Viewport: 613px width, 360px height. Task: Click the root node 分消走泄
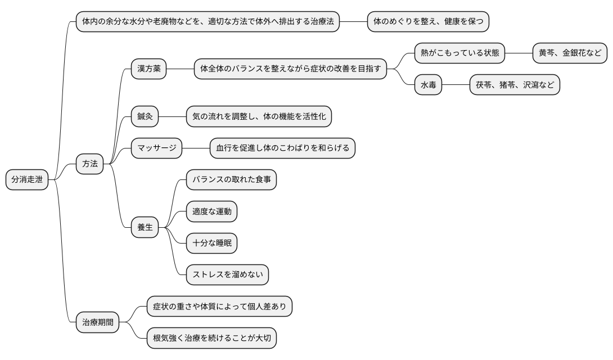pyautogui.click(x=27, y=180)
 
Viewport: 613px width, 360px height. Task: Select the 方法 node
pyautogui.click(x=90, y=164)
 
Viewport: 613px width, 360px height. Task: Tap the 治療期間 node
pyautogui.click(x=98, y=323)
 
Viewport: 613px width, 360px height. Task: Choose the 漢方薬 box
pyautogui.click(x=148, y=69)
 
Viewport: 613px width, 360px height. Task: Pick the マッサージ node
pyautogui.click(x=157, y=148)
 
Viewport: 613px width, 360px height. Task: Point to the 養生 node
pyautogui.click(x=145, y=227)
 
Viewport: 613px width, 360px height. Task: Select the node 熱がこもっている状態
pyautogui.click(x=459, y=53)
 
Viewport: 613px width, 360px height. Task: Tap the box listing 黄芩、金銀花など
pyautogui.click(x=570, y=53)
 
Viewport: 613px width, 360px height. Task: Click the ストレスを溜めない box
pyautogui.click(x=227, y=274)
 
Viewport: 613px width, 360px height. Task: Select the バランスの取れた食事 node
pyautogui.click(x=231, y=180)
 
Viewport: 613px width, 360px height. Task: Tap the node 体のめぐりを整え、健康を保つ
pyautogui.click(x=428, y=22)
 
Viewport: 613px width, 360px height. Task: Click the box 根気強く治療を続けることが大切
pyautogui.click(x=211, y=339)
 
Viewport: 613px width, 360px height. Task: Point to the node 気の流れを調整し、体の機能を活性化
pyautogui.click(x=259, y=117)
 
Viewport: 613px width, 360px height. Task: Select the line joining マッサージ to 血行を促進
pyautogui.click(x=196, y=148)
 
